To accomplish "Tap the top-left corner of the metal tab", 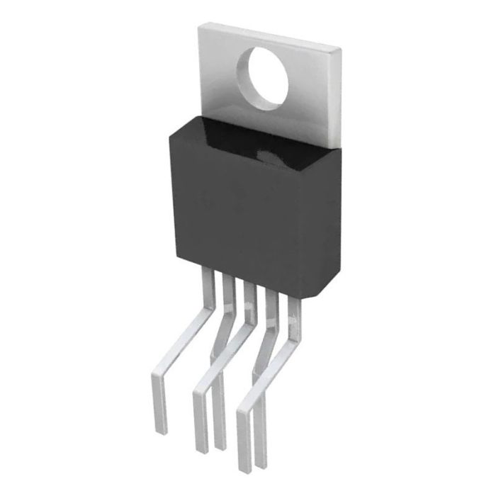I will click(x=198, y=26).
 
